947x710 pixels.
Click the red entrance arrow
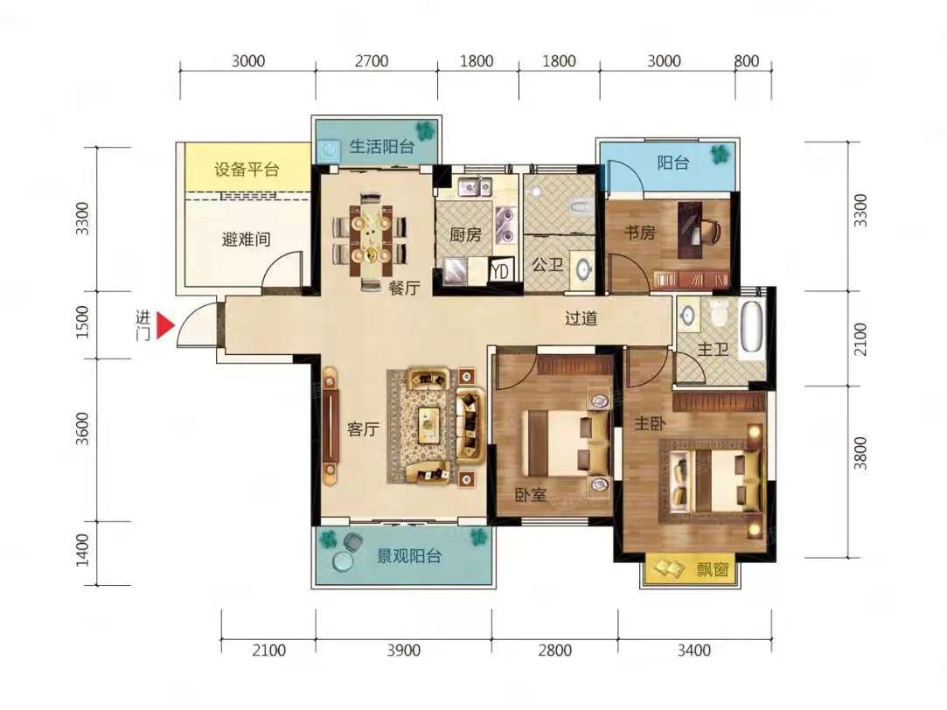[165, 325]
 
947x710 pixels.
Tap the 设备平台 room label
[247, 169]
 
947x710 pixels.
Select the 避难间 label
[246, 240]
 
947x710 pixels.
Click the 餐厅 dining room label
[404, 288]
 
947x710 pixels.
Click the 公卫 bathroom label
[547, 264]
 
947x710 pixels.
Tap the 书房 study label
[639, 233]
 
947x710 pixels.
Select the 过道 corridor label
[581, 318]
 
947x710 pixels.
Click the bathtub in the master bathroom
[753, 327]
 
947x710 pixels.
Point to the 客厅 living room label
[363, 429]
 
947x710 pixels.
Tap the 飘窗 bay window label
[712, 568]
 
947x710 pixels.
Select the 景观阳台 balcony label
[409, 556]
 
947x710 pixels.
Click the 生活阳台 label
[382, 146]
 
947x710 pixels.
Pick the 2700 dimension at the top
[372, 61]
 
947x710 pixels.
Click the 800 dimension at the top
[747, 61]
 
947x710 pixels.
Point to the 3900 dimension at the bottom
[403, 651]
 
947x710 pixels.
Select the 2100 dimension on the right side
[860, 339]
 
